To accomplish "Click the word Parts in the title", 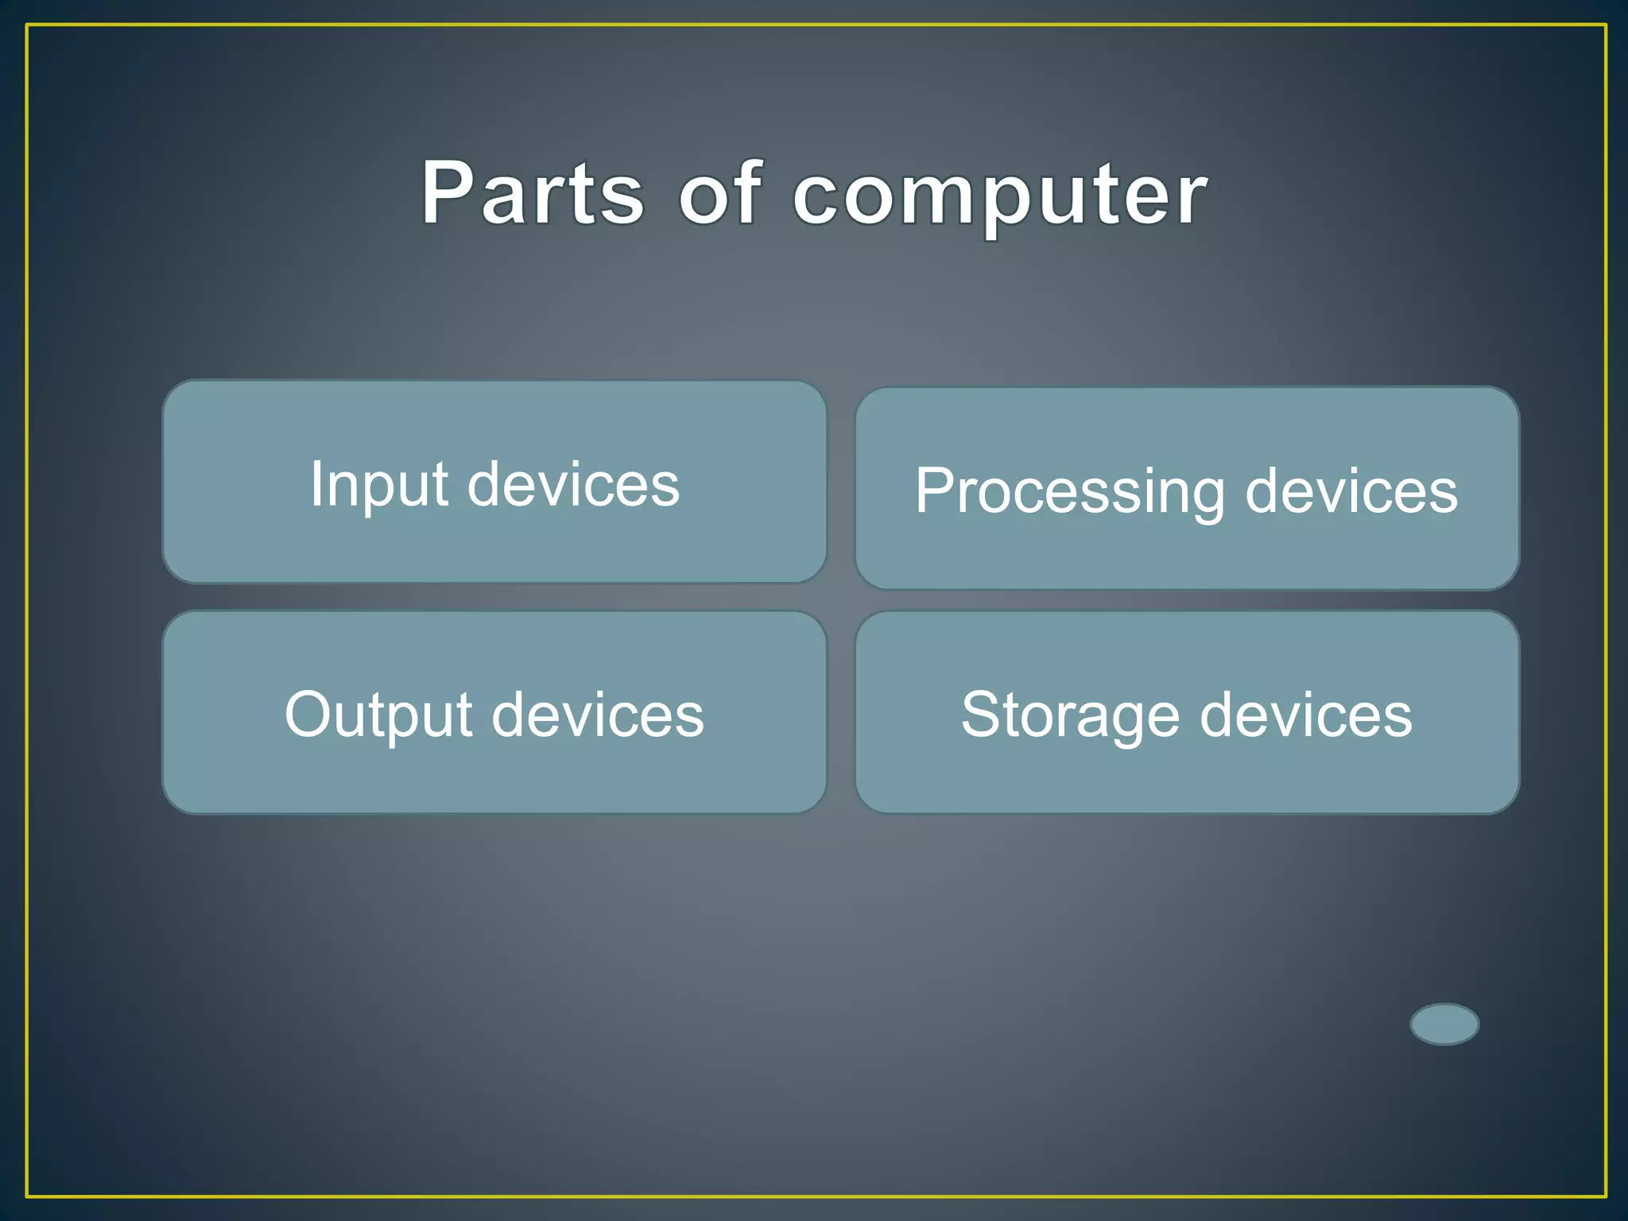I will pyautogui.click(x=532, y=193).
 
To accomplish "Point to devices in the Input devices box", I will pyautogui.click(x=573, y=484).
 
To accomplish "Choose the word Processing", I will pyautogui.click(x=1070, y=492).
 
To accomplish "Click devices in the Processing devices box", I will pyautogui.click(x=1351, y=491).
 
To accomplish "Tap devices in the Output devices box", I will pyautogui.click(x=598, y=715).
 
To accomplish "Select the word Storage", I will pyautogui.click(x=1070, y=715).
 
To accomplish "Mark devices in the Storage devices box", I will pyautogui.click(x=1305, y=715).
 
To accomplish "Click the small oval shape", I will pyautogui.click(x=1444, y=1024).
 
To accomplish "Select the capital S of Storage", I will pyautogui.click(x=983, y=714).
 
